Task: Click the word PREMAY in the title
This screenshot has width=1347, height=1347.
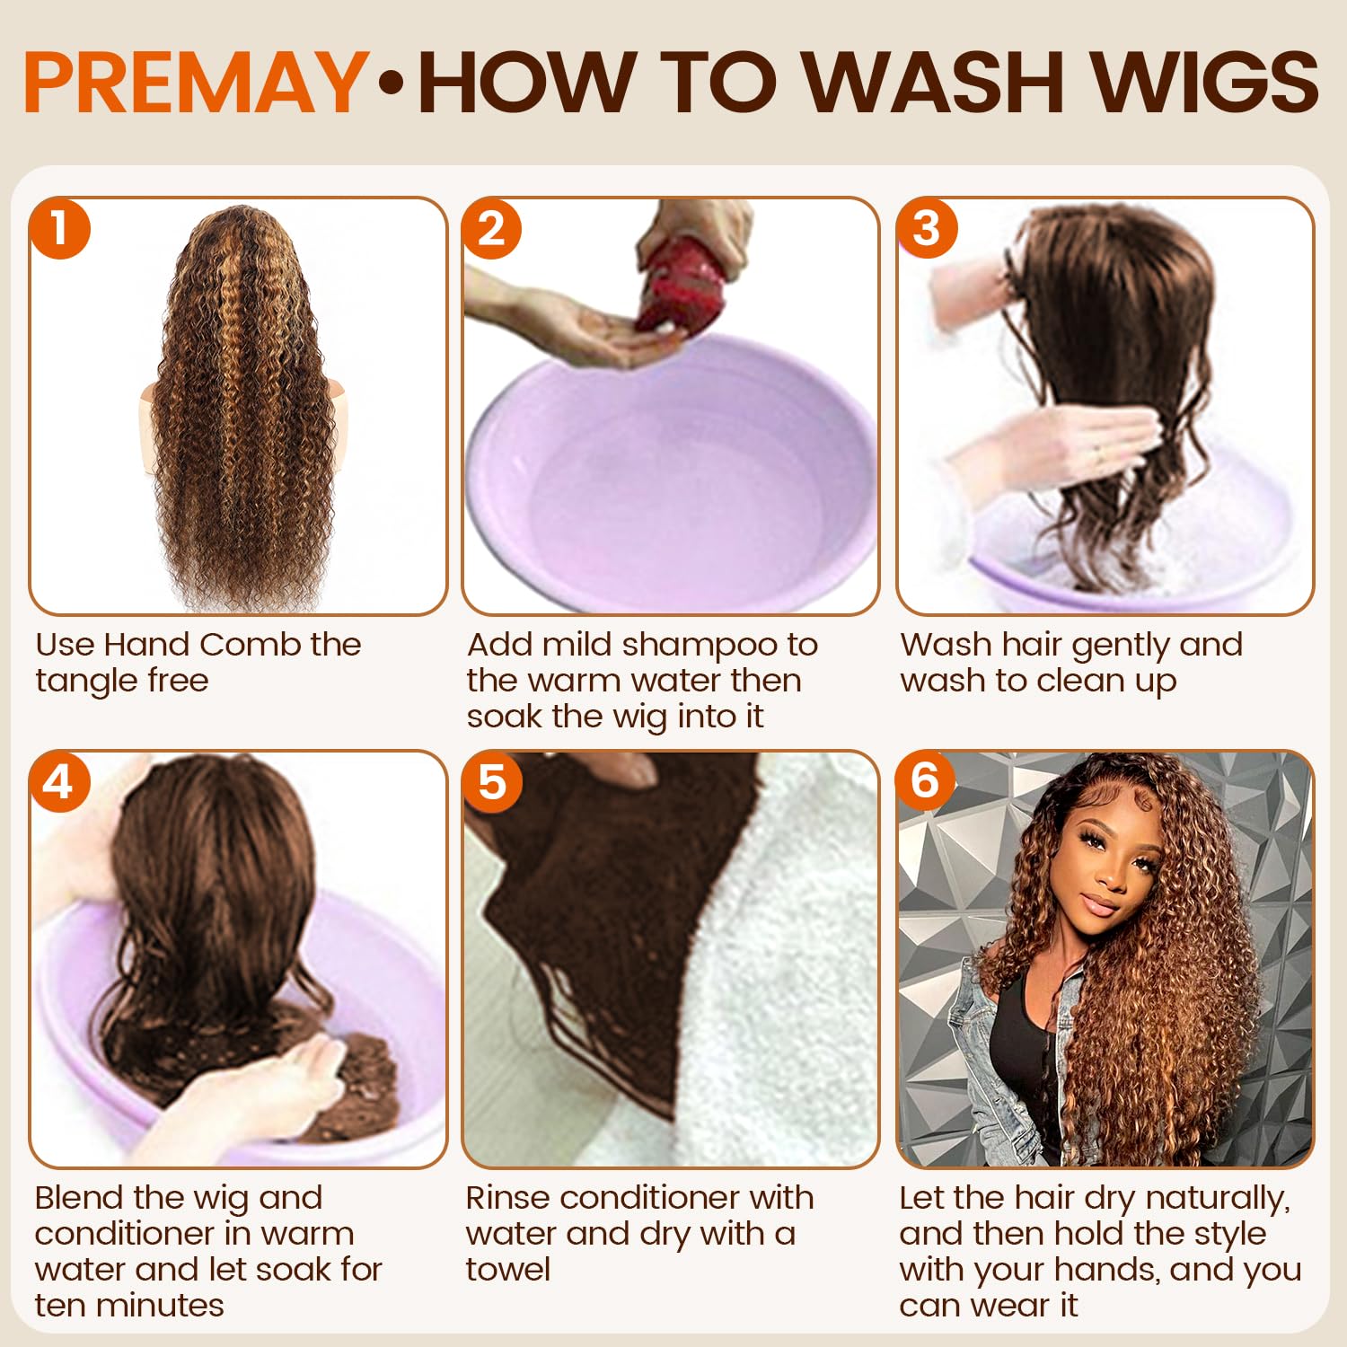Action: [x=196, y=82]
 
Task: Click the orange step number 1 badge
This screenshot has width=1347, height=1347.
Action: [x=60, y=228]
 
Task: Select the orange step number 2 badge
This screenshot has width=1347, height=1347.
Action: [x=492, y=228]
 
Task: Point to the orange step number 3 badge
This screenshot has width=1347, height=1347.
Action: [x=927, y=228]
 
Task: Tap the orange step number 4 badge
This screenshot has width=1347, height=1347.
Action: [x=60, y=781]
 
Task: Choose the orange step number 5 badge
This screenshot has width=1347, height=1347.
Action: [x=492, y=781]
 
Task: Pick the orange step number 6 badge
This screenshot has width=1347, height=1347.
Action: [x=927, y=779]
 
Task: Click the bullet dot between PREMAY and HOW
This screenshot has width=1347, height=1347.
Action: [x=392, y=84]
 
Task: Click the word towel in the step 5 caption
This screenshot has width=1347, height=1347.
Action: [x=508, y=1270]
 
